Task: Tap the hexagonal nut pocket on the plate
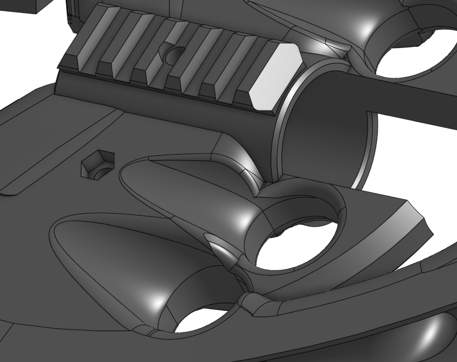click(98, 164)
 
